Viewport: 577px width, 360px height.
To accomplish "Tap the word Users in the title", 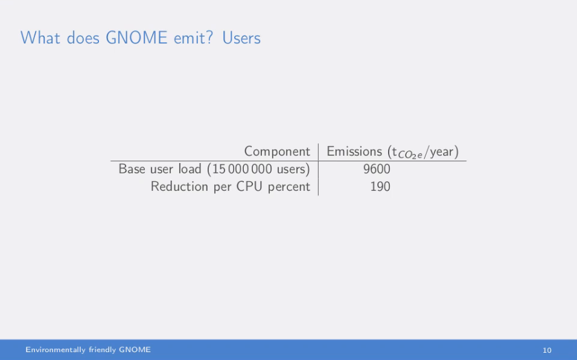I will tap(241, 37).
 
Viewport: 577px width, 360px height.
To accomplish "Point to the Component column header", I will tap(277, 152).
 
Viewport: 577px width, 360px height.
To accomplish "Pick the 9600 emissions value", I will tap(377, 169).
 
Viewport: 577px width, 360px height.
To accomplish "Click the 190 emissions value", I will tap(380, 187).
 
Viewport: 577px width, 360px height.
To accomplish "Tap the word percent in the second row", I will tap(288, 187).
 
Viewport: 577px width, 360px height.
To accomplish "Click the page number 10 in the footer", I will tap(547, 350).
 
